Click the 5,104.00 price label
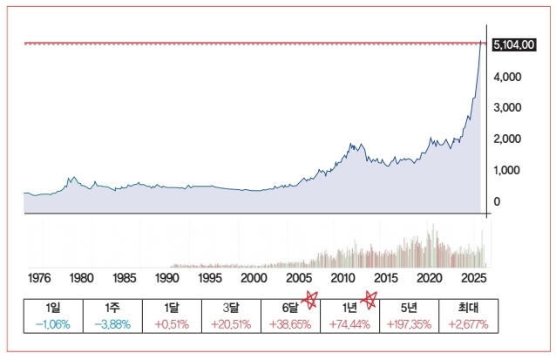513,45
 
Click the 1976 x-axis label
39,278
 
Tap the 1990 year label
167,278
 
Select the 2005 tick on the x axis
298,278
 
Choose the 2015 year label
385,278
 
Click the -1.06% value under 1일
52,324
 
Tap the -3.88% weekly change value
112,324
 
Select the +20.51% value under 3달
231,324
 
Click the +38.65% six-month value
290,324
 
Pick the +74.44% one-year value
349,324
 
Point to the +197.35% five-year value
409,324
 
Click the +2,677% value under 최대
468,324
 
